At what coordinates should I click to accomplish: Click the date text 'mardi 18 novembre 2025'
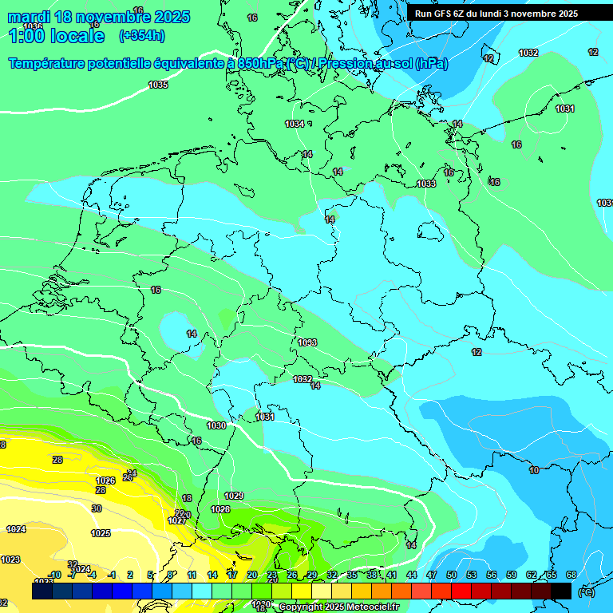tap(99, 17)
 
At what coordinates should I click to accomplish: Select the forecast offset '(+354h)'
tap(141, 36)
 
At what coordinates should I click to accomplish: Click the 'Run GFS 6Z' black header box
tap(496, 14)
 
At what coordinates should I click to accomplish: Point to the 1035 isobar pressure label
tap(158, 85)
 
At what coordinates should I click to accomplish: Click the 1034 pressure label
tap(295, 124)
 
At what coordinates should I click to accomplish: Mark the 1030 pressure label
tap(216, 425)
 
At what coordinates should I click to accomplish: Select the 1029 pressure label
tap(234, 496)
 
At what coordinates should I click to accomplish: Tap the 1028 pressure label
tap(220, 509)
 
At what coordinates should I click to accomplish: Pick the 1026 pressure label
tap(105, 481)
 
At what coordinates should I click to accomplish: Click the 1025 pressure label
tap(101, 533)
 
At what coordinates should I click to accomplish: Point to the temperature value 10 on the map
tap(533, 470)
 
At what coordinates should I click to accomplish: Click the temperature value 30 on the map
tap(97, 508)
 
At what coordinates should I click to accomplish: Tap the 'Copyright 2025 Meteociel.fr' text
tap(339, 607)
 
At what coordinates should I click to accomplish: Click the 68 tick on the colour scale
tap(571, 575)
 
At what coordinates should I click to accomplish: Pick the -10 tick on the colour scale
tap(54, 575)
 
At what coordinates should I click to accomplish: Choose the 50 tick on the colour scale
tap(452, 575)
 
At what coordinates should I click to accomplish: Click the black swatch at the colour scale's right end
tap(561, 591)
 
